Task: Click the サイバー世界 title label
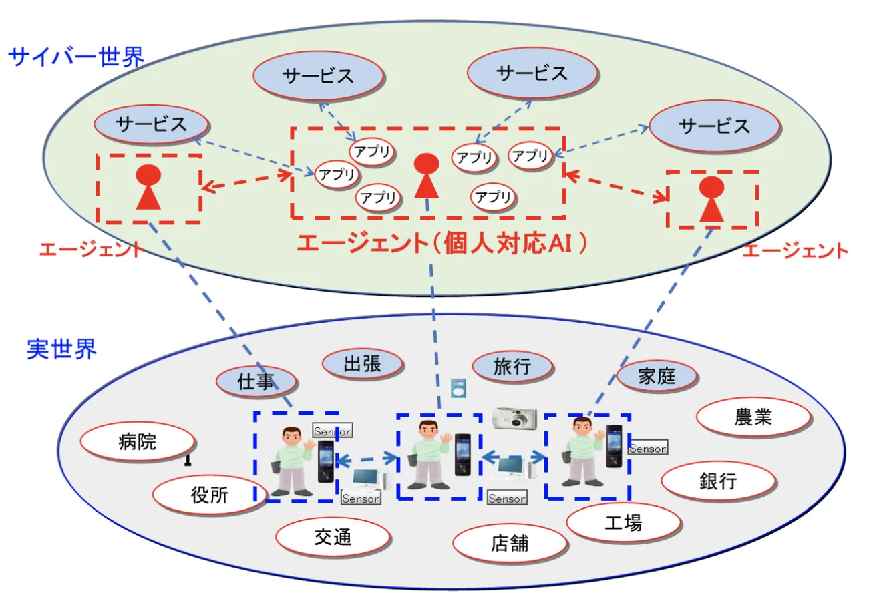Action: (75, 57)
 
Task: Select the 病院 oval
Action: (138, 441)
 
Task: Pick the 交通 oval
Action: (332, 538)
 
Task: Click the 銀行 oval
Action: (718, 481)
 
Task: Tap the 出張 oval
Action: (363, 364)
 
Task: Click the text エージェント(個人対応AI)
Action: (441, 244)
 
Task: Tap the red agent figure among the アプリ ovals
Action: (426, 176)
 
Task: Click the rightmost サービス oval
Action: (714, 126)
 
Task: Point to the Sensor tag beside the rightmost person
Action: (647, 449)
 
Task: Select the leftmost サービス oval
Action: (151, 124)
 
